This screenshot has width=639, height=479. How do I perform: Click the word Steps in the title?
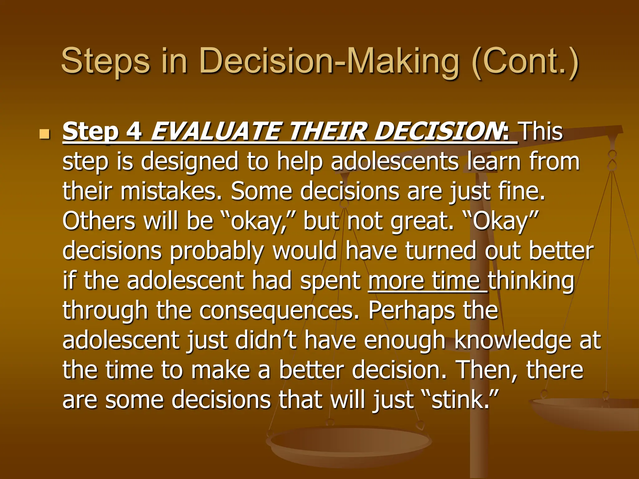[x=105, y=61]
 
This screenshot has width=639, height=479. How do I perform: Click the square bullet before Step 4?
[x=45, y=134]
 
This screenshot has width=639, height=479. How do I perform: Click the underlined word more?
[x=396, y=280]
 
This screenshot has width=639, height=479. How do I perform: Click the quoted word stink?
[x=459, y=399]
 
